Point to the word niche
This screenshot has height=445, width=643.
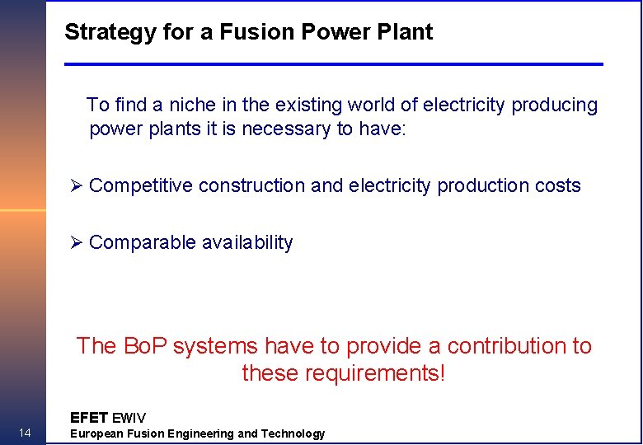point(190,105)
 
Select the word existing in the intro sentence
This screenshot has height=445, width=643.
point(306,105)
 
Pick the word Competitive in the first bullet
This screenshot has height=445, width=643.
point(141,186)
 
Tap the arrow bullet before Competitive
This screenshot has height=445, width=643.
point(77,186)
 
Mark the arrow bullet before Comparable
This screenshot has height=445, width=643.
point(77,243)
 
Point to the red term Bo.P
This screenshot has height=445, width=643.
point(145,346)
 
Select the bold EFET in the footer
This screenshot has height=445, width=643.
point(89,418)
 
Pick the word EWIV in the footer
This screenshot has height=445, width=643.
point(129,418)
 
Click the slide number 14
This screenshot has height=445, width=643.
point(25,433)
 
